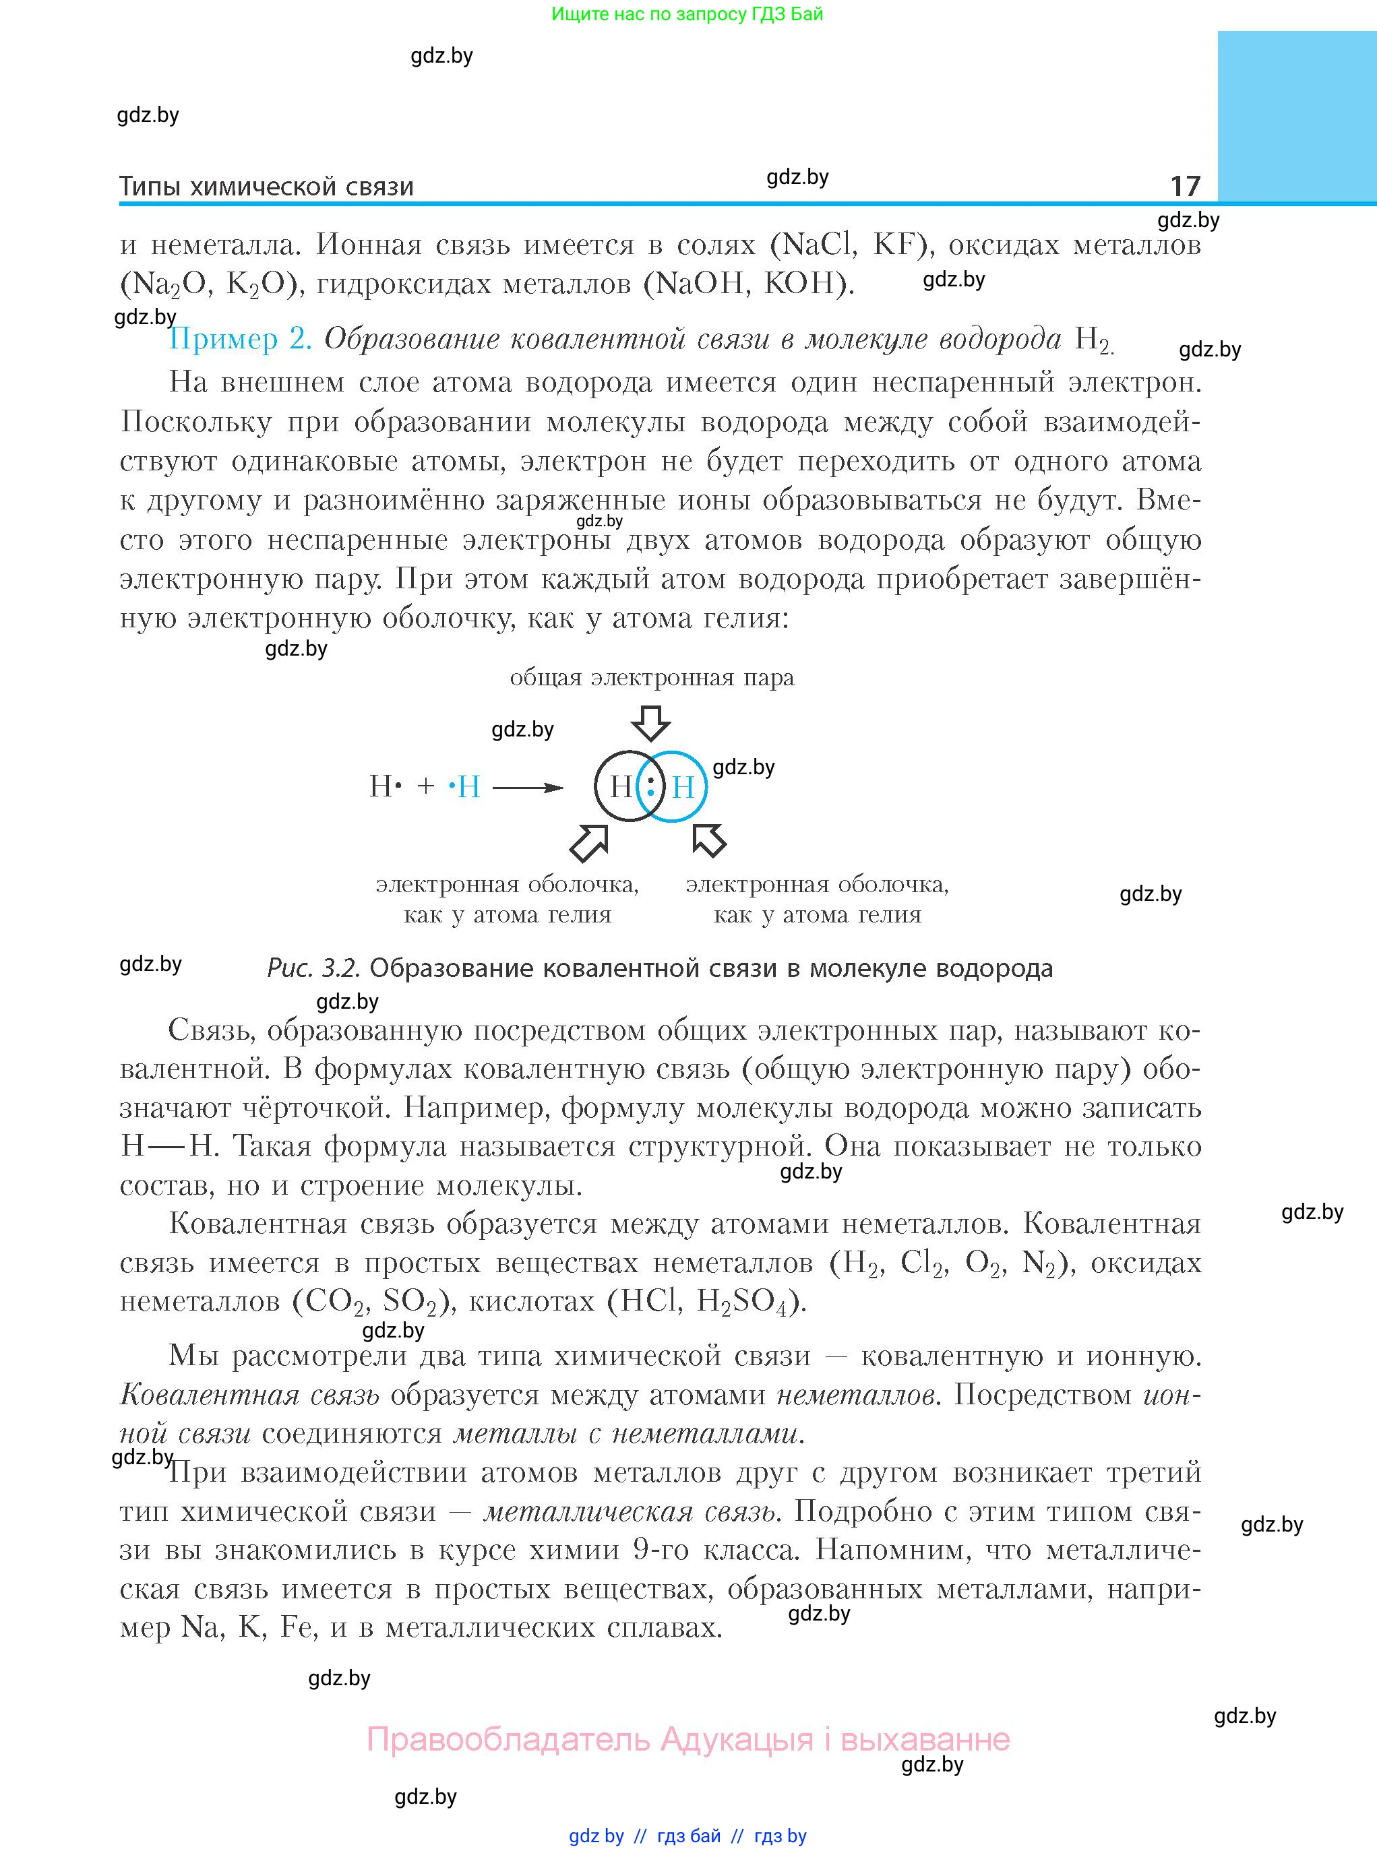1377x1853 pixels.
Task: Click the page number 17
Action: [x=1184, y=186]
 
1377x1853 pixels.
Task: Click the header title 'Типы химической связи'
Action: [x=266, y=187]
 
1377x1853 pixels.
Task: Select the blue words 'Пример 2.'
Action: [x=240, y=339]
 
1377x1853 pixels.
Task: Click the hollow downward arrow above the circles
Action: [x=651, y=722]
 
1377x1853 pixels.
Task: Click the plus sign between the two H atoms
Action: [x=425, y=786]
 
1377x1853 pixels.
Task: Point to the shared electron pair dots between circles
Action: [x=651, y=786]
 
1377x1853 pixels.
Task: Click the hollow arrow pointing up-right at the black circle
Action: [x=588, y=842]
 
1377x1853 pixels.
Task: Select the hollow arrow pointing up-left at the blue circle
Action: [x=708, y=840]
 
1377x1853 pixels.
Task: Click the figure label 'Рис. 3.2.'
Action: [x=313, y=968]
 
